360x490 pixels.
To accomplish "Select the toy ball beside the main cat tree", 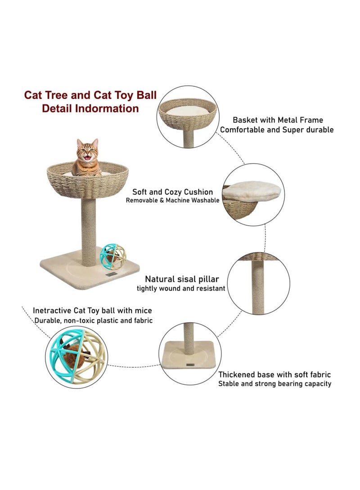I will click(113, 257).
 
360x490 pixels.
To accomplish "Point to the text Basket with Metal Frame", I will click(278, 120).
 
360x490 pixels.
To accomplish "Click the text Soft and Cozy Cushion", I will click(173, 192).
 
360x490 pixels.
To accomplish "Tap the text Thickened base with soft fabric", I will click(274, 374).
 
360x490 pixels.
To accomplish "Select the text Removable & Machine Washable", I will click(173, 200).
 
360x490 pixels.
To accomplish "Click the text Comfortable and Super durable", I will click(276, 129).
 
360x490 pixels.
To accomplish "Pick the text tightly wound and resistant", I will click(181, 289).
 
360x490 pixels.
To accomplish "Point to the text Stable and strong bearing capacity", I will click(274, 384).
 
